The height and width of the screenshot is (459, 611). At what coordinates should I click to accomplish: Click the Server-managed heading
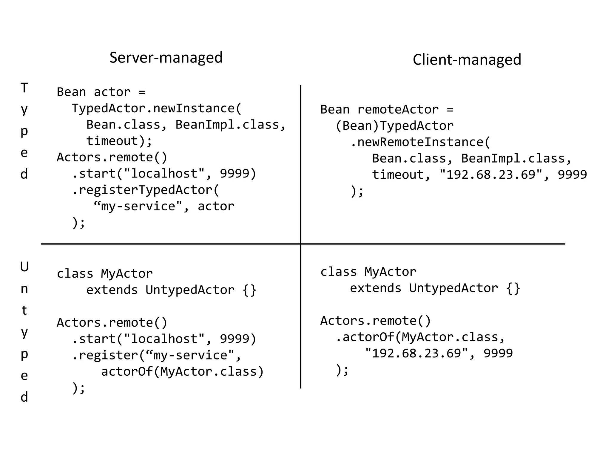coord(166,57)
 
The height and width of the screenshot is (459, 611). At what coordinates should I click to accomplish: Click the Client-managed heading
coord(467,59)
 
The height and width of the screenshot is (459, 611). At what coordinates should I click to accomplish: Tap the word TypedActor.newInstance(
coord(156,108)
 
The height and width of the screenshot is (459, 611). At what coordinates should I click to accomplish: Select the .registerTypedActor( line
coord(146,190)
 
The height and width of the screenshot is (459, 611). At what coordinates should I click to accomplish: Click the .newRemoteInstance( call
coord(420,142)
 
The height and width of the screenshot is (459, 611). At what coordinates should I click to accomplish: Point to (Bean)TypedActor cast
coord(394,126)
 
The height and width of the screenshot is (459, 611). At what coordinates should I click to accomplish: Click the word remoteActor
coord(398,110)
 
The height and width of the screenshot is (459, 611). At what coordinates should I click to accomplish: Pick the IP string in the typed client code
coord(490,175)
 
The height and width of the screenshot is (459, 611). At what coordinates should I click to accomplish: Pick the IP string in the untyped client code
coord(416,354)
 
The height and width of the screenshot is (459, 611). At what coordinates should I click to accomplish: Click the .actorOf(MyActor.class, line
coord(420,337)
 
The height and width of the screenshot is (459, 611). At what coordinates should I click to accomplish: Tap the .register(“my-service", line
coord(156,355)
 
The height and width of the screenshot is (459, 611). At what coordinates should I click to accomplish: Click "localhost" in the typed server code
coord(164,174)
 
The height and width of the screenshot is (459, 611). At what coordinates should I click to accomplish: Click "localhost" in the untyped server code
coord(164,339)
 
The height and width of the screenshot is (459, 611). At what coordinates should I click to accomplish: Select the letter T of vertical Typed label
coord(24,88)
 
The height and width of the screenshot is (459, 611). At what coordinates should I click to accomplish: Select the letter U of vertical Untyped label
coord(24,267)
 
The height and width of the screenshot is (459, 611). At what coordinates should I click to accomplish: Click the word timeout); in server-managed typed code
coord(119,141)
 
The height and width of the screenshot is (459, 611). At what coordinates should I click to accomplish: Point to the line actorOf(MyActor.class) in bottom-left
coord(182,372)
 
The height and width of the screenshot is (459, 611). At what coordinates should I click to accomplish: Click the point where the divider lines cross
coord(300,244)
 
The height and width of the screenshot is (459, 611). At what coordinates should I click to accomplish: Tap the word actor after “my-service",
coord(216,206)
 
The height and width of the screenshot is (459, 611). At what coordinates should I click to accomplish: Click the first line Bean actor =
coord(101,92)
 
